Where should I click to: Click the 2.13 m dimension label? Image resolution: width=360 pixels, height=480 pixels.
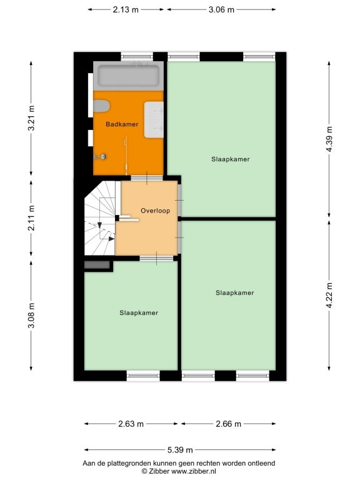coord(126,10)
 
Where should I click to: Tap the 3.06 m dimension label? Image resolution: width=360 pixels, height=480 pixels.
coord(221,10)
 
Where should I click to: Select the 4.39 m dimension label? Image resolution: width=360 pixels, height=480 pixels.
coord(329,139)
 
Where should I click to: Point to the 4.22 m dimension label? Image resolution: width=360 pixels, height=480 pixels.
coord(329,296)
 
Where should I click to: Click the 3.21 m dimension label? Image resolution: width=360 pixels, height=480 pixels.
coord(31,118)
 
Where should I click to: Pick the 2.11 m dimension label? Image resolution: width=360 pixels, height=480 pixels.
coord(31,218)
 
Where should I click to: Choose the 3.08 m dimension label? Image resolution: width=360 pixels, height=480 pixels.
coord(31,315)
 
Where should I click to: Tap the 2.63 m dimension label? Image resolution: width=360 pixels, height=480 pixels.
coord(131,424)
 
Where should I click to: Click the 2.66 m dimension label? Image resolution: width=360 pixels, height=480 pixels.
coord(228,424)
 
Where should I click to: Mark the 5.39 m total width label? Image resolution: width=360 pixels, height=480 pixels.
coord(180,450)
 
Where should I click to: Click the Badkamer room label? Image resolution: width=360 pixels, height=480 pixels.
coord(122,124)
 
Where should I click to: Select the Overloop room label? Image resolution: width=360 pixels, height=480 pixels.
coord(155,211)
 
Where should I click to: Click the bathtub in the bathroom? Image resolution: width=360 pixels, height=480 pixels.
coord(128,76)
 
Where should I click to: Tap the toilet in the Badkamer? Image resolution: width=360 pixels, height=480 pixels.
coord(101,106)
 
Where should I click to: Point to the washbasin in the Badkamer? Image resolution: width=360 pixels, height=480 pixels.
coord(154,120)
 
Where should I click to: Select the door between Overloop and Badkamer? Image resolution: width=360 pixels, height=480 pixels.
coord(147,178)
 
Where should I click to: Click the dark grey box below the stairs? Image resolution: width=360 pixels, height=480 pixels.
coord(97,265)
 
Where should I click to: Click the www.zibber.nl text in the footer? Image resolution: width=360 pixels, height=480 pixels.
coord(193,471)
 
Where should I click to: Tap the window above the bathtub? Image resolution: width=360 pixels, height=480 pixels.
coord(137,56)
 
